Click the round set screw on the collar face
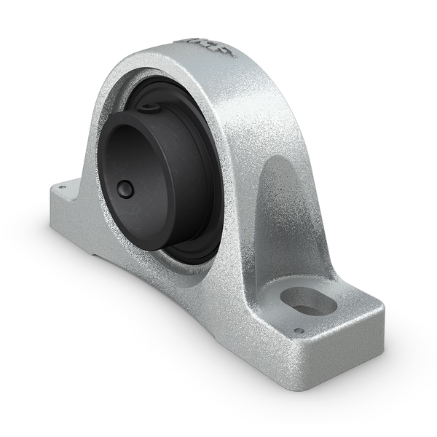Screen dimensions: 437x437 (x=126, y=189)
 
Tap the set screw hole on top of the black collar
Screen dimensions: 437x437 (x=149, y=109)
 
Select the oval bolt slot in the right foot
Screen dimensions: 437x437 (x=308, y=300)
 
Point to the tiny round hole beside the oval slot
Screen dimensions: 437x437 (x=298, y=331)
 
